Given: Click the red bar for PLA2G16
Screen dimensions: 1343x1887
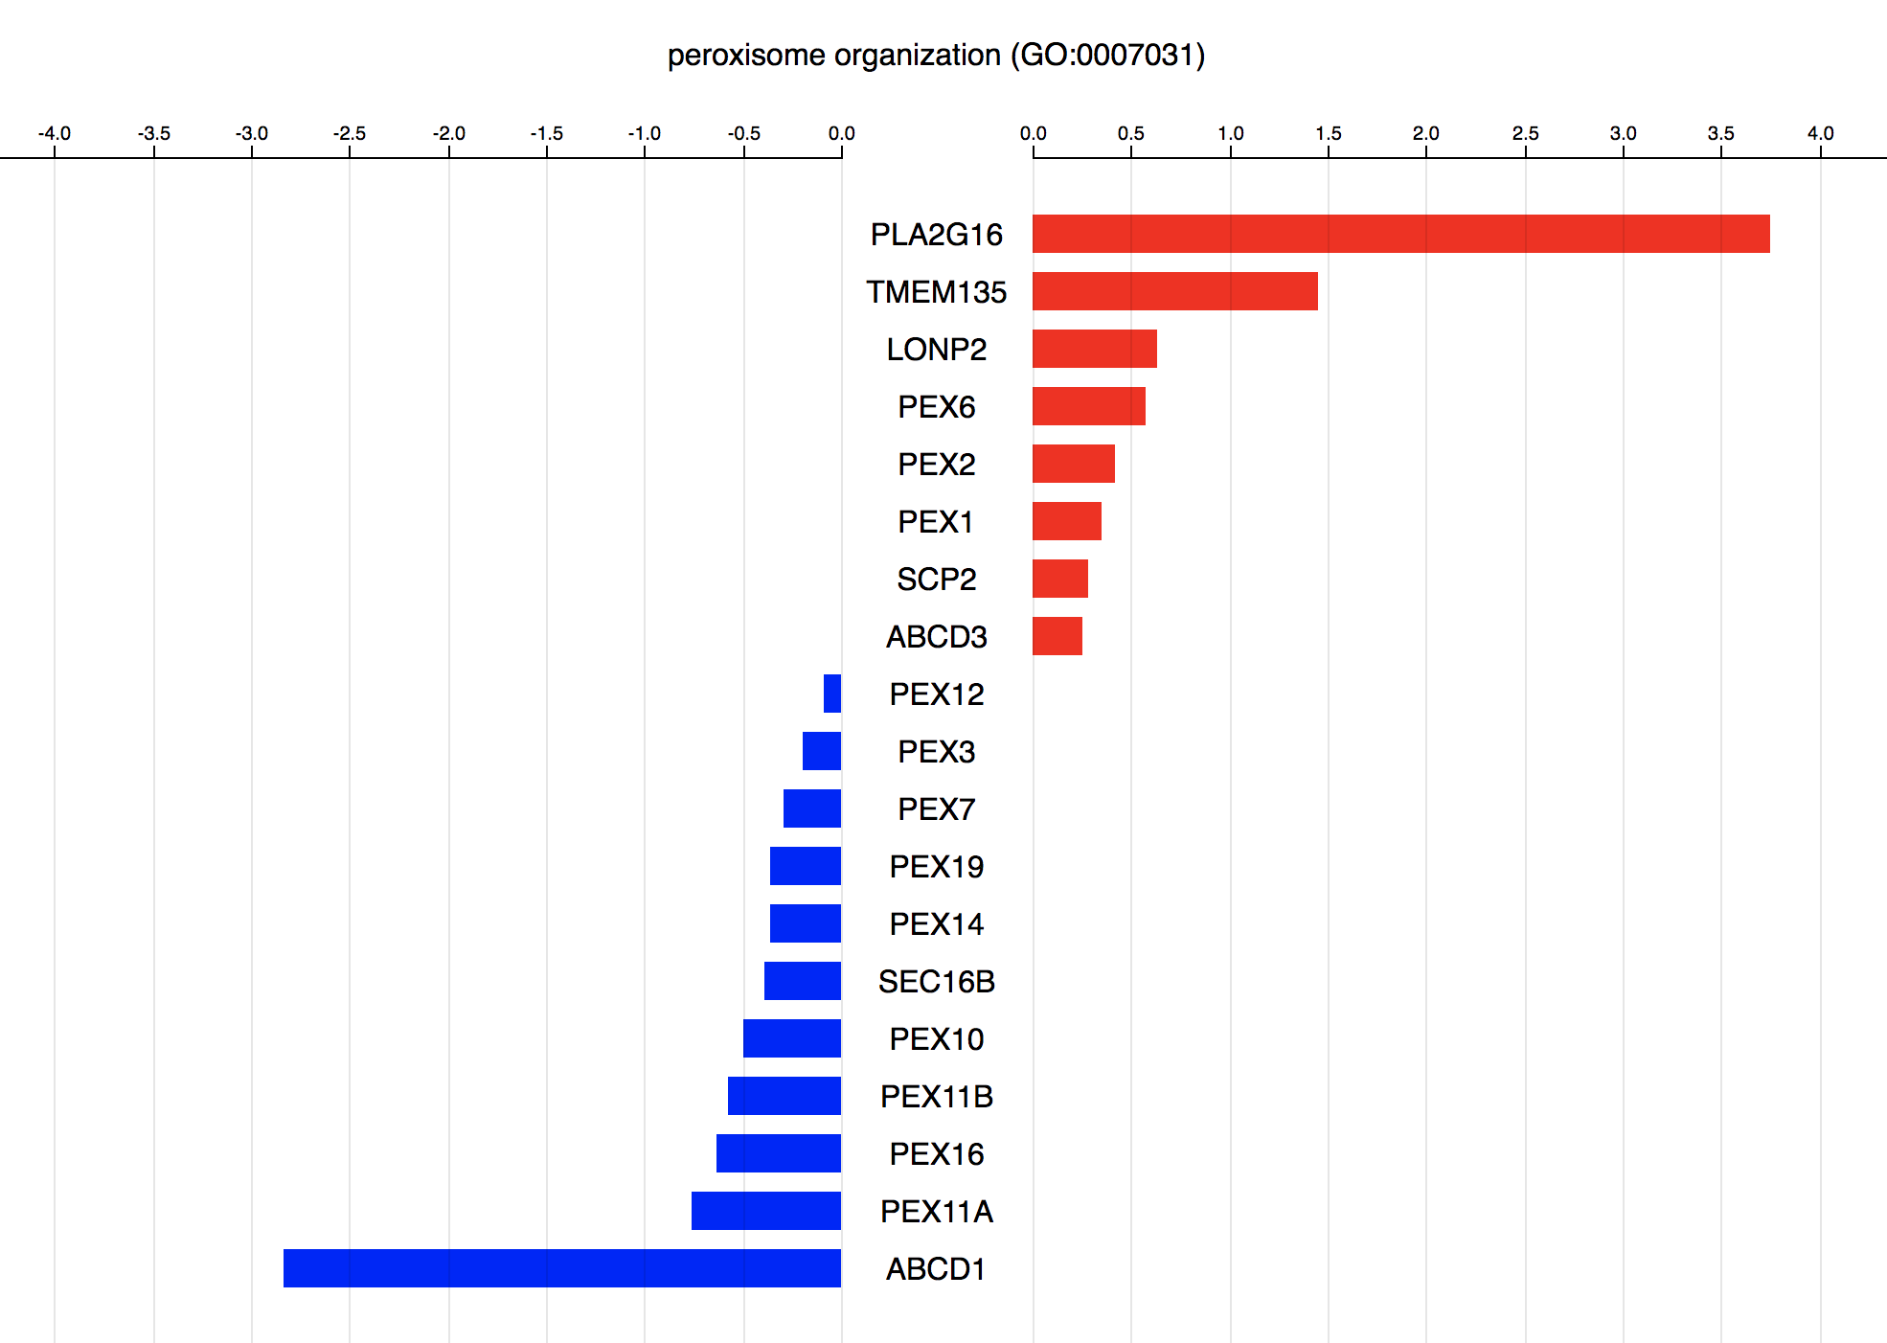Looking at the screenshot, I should tap(1400, 234).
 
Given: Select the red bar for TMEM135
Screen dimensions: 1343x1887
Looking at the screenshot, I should tap(1174, 291).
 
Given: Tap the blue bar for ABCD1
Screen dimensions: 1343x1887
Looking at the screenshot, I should tap(562, 1268).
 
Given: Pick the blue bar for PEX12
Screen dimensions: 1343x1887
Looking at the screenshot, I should tap(832, 694).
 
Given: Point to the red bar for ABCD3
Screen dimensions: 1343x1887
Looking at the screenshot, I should tap(1057, 636).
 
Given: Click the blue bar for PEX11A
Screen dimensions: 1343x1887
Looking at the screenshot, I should tap(766, 1211).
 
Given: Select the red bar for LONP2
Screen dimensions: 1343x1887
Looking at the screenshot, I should tap(1095, 349).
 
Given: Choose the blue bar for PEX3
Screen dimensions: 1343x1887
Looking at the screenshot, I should tap(822, 751).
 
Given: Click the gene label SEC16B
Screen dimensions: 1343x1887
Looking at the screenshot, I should tap(937, 982).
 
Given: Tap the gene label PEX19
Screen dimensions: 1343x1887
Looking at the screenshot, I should tap(937, 867).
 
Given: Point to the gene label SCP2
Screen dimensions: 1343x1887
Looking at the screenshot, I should tap(937, 580).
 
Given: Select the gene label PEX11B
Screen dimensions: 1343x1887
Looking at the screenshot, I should tap(937, 1097).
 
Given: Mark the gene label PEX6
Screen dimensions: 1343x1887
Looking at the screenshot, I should tap(937, 407).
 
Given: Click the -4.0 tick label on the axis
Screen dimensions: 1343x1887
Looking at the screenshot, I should tap(54, 133).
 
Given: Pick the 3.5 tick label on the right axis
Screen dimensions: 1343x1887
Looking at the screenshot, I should tap(1720, 133).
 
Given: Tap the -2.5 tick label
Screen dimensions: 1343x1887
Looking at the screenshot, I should tap(349, 133).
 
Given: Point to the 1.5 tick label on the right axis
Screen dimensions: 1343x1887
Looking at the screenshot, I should tap(1328, 133).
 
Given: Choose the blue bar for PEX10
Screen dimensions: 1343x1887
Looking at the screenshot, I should tap(792, 1038).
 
